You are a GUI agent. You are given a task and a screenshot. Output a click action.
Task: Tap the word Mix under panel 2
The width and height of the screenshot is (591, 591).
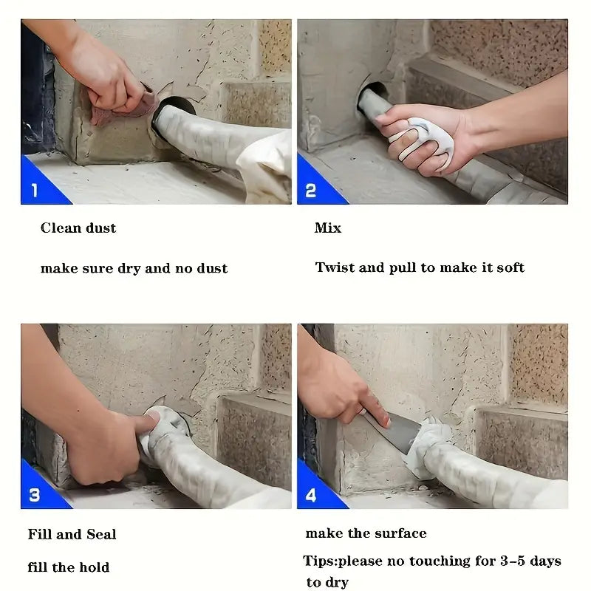pyautogui.click(x=327, y=228)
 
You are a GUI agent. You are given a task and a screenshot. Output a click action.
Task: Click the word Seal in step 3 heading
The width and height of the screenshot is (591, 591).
pyautogui.click(x=101, y=534)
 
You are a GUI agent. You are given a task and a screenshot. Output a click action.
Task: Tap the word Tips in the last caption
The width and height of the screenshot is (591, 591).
pyautogui.click(x=318, y=561)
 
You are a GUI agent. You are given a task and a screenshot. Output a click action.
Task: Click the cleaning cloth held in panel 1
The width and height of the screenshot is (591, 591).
pyautogui.click(x=124, y=107)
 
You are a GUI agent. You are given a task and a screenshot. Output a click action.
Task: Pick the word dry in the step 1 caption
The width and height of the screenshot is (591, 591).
pyautogui.click(x=129, y=268)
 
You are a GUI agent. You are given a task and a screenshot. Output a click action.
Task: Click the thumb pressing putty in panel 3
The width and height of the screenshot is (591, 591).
pyautogui.click(x=146, y=422)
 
